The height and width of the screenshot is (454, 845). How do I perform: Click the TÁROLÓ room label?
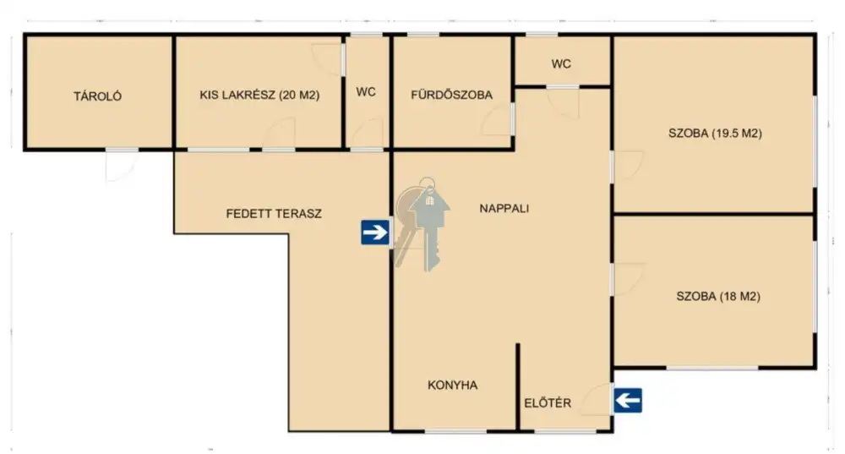tap(97, 96)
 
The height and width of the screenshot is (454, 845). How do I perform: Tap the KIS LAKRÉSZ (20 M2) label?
tap(259, 95)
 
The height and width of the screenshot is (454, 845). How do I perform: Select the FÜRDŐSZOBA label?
tap(451, 95)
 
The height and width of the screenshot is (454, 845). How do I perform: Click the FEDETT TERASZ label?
tap(274, 214)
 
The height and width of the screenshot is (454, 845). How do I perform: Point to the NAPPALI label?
tap(504, 208)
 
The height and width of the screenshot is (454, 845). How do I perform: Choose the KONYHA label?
tap(453, 385)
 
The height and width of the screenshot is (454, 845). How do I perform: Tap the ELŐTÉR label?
tap(548, 402)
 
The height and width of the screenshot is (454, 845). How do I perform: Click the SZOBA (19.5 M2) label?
tap(715, 134)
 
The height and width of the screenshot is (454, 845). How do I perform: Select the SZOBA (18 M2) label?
tap(718, 296)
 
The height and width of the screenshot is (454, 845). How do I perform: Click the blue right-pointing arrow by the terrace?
tap(375, 232)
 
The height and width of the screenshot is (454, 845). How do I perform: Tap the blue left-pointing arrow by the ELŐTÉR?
tap(628, 401)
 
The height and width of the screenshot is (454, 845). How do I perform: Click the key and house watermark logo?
tap(422, 223)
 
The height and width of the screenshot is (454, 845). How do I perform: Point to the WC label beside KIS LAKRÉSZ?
tap(366, 92)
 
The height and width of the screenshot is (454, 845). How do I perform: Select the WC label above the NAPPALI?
tap(561, 64)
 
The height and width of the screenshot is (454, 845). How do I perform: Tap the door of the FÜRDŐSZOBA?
tap(498, 119)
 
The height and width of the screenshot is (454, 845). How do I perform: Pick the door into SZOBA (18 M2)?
tap(629, 279)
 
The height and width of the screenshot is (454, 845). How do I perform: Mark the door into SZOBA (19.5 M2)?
tap(628, 166)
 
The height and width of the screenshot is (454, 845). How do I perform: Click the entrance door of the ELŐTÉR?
tap(597, 399)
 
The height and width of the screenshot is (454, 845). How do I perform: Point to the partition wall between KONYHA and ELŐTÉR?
tap(518, 386)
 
